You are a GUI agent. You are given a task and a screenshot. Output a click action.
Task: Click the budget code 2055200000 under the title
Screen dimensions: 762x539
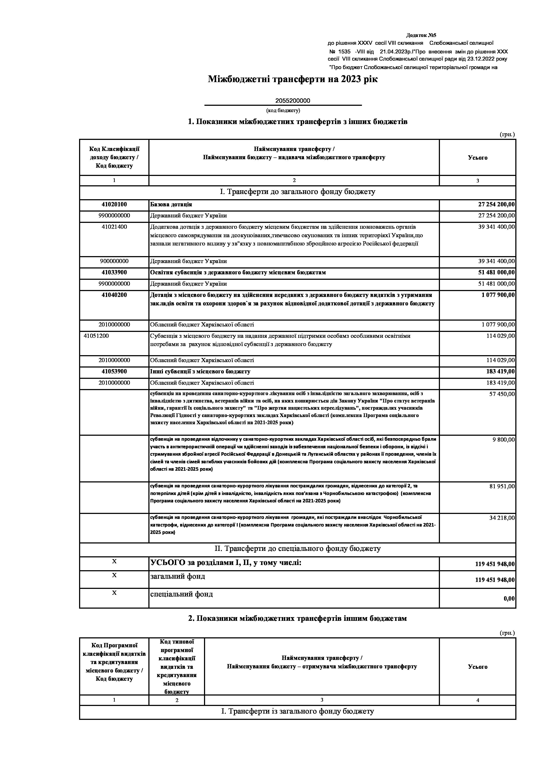click(x=292, y=101)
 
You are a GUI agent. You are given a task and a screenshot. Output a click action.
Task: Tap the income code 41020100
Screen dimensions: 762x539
click(x=114, y=204)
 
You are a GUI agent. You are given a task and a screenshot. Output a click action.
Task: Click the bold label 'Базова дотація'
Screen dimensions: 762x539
click(x=171, y=204)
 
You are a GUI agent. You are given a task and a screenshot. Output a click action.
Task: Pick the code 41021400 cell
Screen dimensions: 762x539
click(x=114, y=227)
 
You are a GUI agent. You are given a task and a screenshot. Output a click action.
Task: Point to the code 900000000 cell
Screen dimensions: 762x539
click(x=114, y=261)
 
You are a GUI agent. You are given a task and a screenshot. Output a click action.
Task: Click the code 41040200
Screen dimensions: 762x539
click(x=114, y=295)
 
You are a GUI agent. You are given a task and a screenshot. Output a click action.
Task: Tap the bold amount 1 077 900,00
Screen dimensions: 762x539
click(x=498, y=295)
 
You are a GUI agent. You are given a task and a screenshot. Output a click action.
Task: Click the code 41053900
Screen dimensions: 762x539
click(x=114, y=371)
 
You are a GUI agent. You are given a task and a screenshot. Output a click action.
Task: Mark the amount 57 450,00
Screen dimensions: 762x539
click(x=502, y=394)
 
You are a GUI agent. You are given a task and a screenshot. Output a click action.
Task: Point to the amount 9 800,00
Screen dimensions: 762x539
click(x=504, y=440)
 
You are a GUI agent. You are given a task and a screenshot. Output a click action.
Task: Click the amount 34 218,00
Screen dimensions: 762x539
click(x=502, y=518)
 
